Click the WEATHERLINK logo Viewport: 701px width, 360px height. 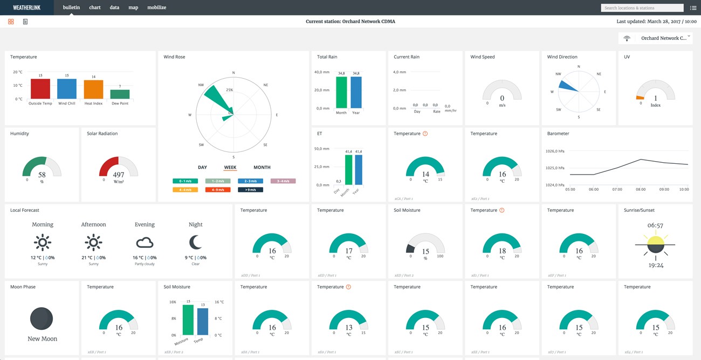point(26,8)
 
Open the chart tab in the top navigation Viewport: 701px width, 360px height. point(95,8)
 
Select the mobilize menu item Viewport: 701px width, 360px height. point(157,8)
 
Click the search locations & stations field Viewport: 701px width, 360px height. point(642,8)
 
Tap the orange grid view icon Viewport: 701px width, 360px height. point(11,22)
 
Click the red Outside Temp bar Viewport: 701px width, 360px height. point(40,89)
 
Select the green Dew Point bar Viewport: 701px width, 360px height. point(120,94)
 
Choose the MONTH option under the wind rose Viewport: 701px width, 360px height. point(262,168)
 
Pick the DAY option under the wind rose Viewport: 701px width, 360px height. point(202,168)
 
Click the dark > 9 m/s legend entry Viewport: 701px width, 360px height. point(250,190)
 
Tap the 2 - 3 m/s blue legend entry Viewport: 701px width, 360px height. point(250,181)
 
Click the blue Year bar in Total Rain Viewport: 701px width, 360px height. point(356,92)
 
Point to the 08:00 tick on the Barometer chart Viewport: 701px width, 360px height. point(641,190)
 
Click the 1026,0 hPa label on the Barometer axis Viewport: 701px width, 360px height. point(555,151)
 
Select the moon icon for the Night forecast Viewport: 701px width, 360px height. point(195,242)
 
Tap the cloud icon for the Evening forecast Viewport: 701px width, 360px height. point(145,243)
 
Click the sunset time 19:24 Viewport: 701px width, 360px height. point(655,266)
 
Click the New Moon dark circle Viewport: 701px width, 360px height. point(42,319)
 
